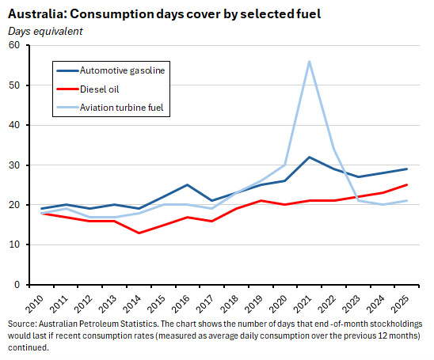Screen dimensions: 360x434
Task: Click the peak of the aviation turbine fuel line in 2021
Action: pos(309,61)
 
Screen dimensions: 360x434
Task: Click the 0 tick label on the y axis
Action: pos(16,284)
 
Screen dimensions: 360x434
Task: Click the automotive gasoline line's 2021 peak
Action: pos(309,157)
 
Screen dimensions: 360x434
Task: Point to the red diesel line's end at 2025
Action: pos(407,185)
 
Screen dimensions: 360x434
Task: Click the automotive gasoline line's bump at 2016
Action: pos(187,185)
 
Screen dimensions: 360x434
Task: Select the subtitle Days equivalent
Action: pos(45,31)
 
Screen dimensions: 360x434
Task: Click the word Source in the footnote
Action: pos(22,325)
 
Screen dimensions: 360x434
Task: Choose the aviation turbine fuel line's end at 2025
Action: pos(407,201)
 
